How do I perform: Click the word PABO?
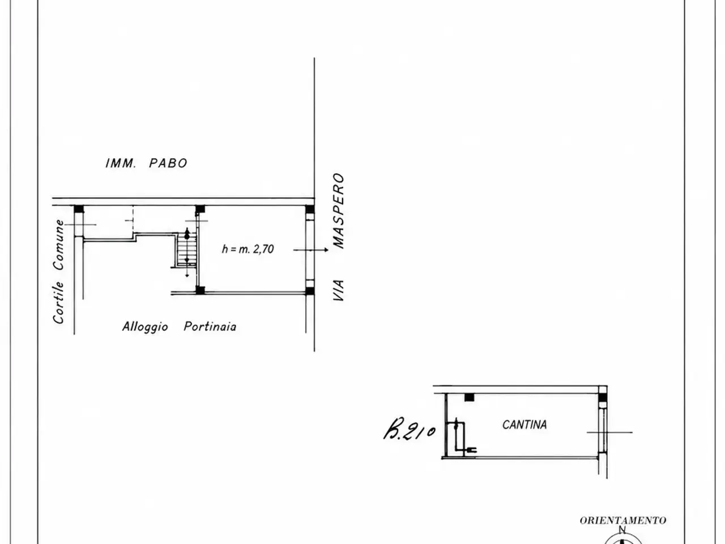point(168,163)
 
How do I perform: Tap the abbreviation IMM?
point(121,163)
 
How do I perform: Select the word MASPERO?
point(339,211)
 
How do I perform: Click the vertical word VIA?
point(339,290)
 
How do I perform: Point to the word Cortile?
point(58,303)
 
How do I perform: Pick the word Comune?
point(58,245)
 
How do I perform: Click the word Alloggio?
point(145,327)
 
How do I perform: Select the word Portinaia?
point(210,326)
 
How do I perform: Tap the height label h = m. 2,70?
point(248,249)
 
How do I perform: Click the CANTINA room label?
point(524,424)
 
